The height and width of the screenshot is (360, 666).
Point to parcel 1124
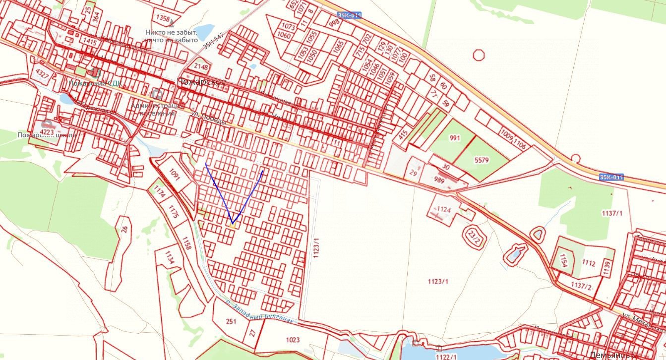(443, 210)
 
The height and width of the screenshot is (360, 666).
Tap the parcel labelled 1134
(170, 258)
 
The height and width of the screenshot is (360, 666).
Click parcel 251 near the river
(231, 321)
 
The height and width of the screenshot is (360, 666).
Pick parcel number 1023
(293, 340)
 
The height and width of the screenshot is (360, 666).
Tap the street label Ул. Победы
(208, 118)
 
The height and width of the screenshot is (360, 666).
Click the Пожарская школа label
(47, 135)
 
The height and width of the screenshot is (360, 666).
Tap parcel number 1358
(163, 18)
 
